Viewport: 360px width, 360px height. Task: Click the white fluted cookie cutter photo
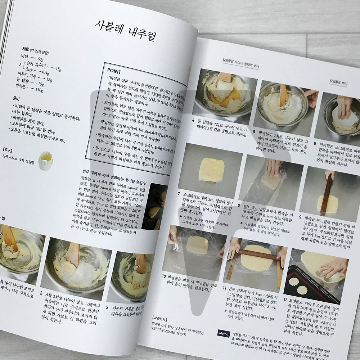point(46,161)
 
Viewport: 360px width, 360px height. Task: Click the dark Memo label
point(223,333)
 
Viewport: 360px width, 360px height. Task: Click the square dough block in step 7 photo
point(211,170)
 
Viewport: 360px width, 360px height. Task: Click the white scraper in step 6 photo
point(345,118)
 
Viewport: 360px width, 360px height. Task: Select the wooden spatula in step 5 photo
point(284,95)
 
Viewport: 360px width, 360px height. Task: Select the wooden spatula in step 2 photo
point(73,254)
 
